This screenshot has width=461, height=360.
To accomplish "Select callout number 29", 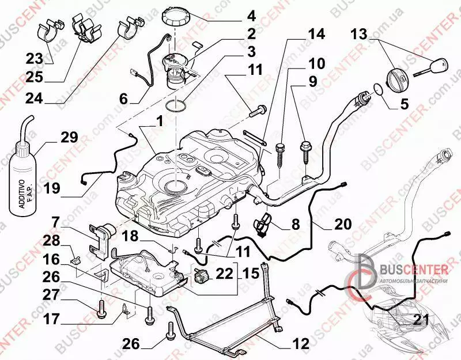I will coord(69,138).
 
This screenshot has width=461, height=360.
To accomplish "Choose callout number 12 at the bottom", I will coord(300,344).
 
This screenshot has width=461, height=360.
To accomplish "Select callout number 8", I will coord(295,224).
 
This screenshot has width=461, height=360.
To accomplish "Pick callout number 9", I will coord(312,81).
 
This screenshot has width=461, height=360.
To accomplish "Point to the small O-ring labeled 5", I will coord(378,89).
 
